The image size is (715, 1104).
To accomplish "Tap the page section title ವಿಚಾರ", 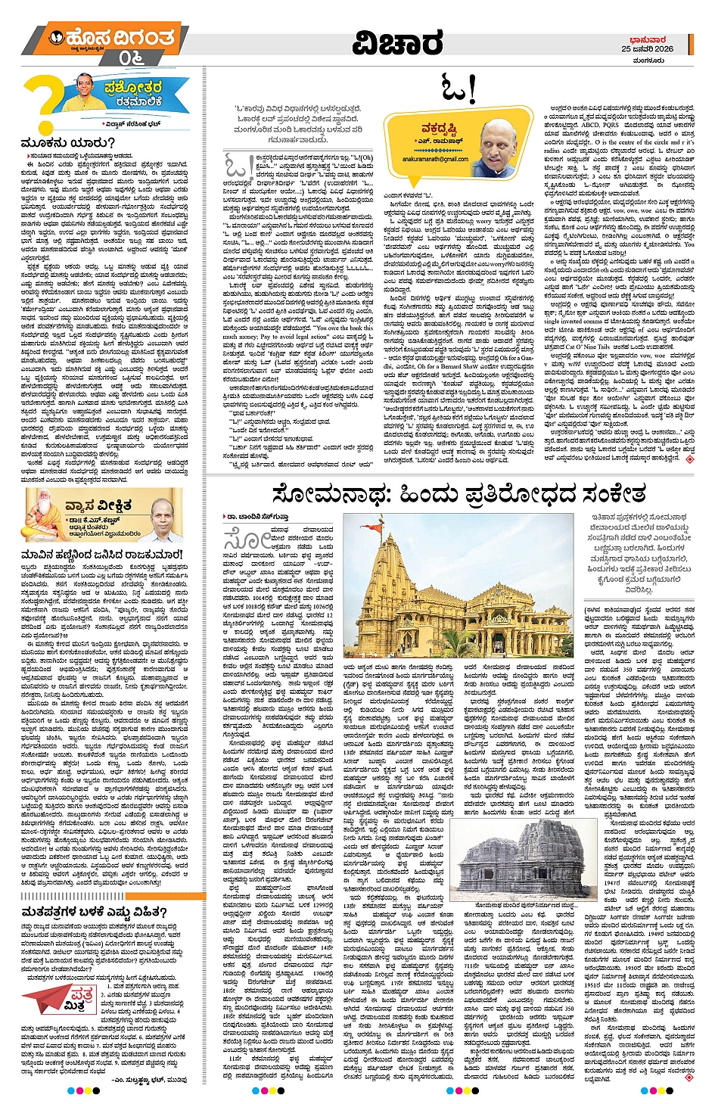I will pos(397,44).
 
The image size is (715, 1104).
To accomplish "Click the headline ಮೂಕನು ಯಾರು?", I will pos(68,143).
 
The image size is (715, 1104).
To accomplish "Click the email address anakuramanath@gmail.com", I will pos(424,160).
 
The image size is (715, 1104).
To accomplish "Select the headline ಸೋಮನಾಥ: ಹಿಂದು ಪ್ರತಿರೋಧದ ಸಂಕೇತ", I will pos(459,495).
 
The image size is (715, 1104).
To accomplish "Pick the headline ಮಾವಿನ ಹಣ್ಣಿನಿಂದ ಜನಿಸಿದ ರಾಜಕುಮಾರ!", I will pos(102,555).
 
